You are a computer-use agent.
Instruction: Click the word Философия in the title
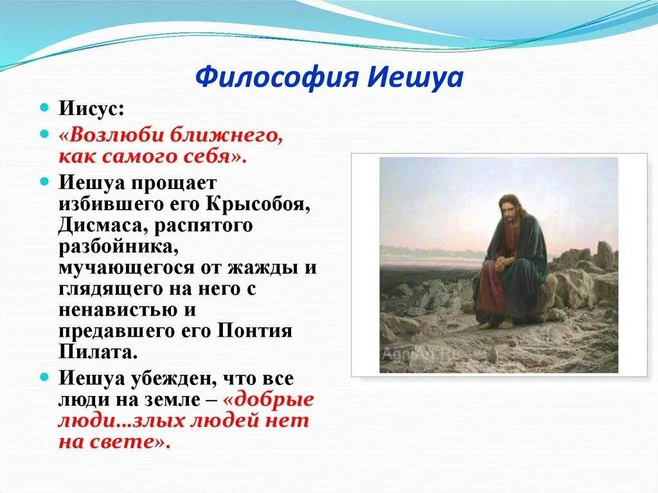pyautogui.click(x=278, y=77)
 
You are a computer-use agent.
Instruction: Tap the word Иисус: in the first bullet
pyautogui.click(x=91, y=109)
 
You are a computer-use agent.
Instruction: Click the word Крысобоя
pyautogui.click(x=258, y=204)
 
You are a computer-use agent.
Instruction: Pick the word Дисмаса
pyautogui.click(x=103, y=226)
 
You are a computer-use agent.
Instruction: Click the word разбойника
pyautogui.click(x=119, y=247)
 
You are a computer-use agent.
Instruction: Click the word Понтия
pyautogui.click(x=254, y=331)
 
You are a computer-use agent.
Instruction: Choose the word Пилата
pyautogui.click(x=98, y=352)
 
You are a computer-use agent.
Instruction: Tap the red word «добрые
pyautogui.click(x=269, y=399)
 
